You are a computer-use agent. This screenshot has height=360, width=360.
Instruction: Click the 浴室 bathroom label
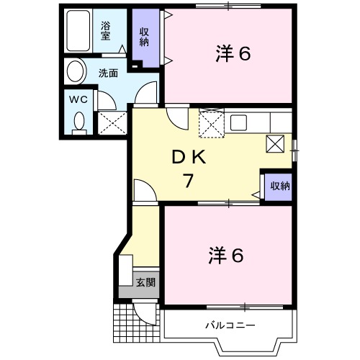click(106, 30)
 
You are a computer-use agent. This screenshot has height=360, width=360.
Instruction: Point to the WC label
click(78, 100)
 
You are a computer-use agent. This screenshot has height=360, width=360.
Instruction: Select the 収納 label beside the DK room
click(279, 186)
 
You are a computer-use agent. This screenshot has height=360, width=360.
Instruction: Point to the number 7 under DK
click(188, 181)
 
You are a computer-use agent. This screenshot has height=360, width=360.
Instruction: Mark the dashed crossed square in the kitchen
click(211, 121)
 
